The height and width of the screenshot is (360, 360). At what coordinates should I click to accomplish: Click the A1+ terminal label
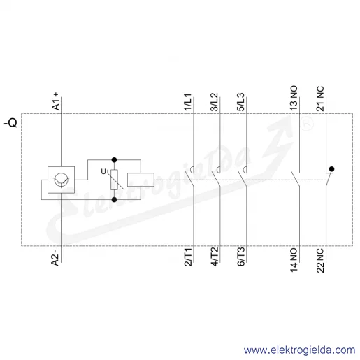pos(56,101)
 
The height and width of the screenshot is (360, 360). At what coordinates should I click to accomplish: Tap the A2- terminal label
pos(55,258)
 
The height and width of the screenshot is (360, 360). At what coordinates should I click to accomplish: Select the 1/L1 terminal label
pos(188,102)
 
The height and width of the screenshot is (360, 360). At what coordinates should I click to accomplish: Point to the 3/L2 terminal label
pos(214,102)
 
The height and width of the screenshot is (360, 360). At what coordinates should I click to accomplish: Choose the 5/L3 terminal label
pos(240,102)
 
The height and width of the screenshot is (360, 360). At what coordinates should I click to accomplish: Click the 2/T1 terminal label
pos(188,257)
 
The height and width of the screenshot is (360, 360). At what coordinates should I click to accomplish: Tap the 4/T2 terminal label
pos(215,257)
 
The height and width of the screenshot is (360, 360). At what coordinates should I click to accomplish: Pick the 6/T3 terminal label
pos(241,257)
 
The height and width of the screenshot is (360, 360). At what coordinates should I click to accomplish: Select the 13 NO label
pos(294,98)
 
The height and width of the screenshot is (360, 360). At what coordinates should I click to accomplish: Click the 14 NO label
pos(294,260)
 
